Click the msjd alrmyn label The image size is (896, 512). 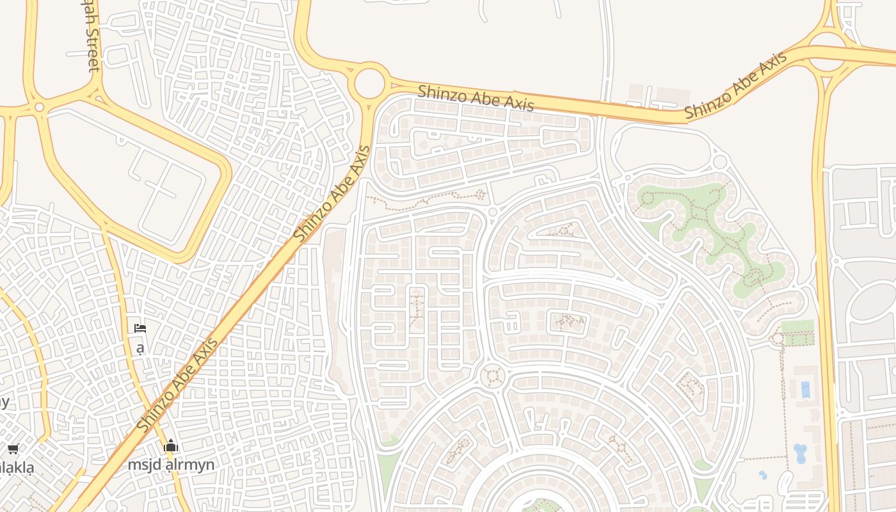171,465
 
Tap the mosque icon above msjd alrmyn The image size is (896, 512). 171,447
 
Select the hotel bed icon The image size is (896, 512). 140,329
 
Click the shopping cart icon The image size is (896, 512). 13,449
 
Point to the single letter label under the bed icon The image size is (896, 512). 140,348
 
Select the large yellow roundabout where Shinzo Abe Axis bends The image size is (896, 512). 370,83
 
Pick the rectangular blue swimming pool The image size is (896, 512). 805,388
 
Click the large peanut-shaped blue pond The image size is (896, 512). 800,453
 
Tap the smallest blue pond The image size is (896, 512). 762,476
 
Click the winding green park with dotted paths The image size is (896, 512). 710,237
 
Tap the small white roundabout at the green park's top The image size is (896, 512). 719,162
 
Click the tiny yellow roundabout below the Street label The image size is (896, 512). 39,107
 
